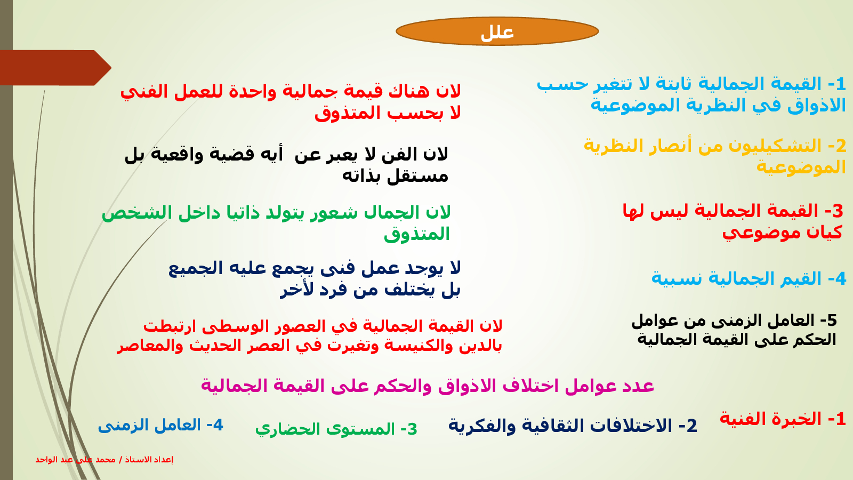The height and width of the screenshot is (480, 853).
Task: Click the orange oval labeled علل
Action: click(497, 31)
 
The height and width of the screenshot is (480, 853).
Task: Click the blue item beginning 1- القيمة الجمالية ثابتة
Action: click(691, 94)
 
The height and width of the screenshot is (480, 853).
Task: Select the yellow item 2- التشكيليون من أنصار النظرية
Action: click(715, 157)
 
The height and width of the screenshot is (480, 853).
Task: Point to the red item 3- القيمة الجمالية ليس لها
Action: click(733, 221)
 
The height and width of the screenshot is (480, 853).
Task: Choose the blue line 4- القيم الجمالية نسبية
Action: click(749, 278)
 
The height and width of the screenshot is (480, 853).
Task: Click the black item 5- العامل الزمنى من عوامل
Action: click(734, 330)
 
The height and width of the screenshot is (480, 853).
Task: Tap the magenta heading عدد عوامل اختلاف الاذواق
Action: click(427, 386)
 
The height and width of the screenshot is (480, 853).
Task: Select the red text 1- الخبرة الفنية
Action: click(783, 419)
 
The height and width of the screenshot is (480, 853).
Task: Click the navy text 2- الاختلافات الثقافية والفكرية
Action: click(573, 425)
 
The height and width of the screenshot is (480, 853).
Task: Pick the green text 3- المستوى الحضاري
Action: click(336, 429)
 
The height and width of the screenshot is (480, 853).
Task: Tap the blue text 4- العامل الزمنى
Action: click(160, 425)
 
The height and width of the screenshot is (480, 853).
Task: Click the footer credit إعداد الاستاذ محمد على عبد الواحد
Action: click(104, 459)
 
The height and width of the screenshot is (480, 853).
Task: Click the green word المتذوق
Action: click(417, 234)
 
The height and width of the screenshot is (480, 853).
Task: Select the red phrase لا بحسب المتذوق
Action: click(388, 113)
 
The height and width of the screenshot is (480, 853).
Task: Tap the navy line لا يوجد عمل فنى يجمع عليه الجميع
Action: click(315, 268)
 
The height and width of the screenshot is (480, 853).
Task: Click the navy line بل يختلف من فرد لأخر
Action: click(371, 290)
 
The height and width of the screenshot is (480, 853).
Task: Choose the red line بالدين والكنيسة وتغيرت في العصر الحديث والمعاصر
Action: click(309, 346)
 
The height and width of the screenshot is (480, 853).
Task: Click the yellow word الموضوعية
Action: click(801, 167)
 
